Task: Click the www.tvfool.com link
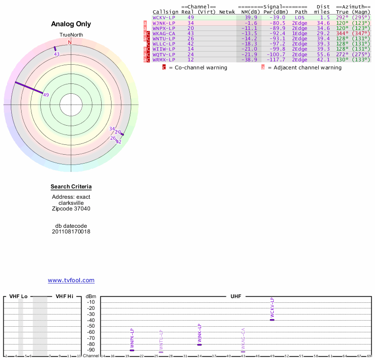click(x=71, y=280)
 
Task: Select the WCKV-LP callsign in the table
click(x=165, y=17)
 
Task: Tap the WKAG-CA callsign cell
click(x=165, y=33)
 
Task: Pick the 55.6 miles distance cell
click(x=323, y=54)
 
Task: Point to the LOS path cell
click(x=300, y=17)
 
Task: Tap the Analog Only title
click(x=71, y=24)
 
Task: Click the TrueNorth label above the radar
click(x=71, y=35)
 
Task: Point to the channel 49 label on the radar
click(x=46, y=95)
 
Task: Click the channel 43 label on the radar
click(x=57, y=54)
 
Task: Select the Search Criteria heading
click(x=71, y=187)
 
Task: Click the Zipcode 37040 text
click(x=71, y=209)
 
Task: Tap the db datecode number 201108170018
click(x=71, y=232)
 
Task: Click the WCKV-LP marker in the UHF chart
click(x=272, y=319)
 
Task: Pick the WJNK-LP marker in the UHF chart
click(x=199, y=345)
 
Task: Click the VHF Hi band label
click(x=64, y=296)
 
